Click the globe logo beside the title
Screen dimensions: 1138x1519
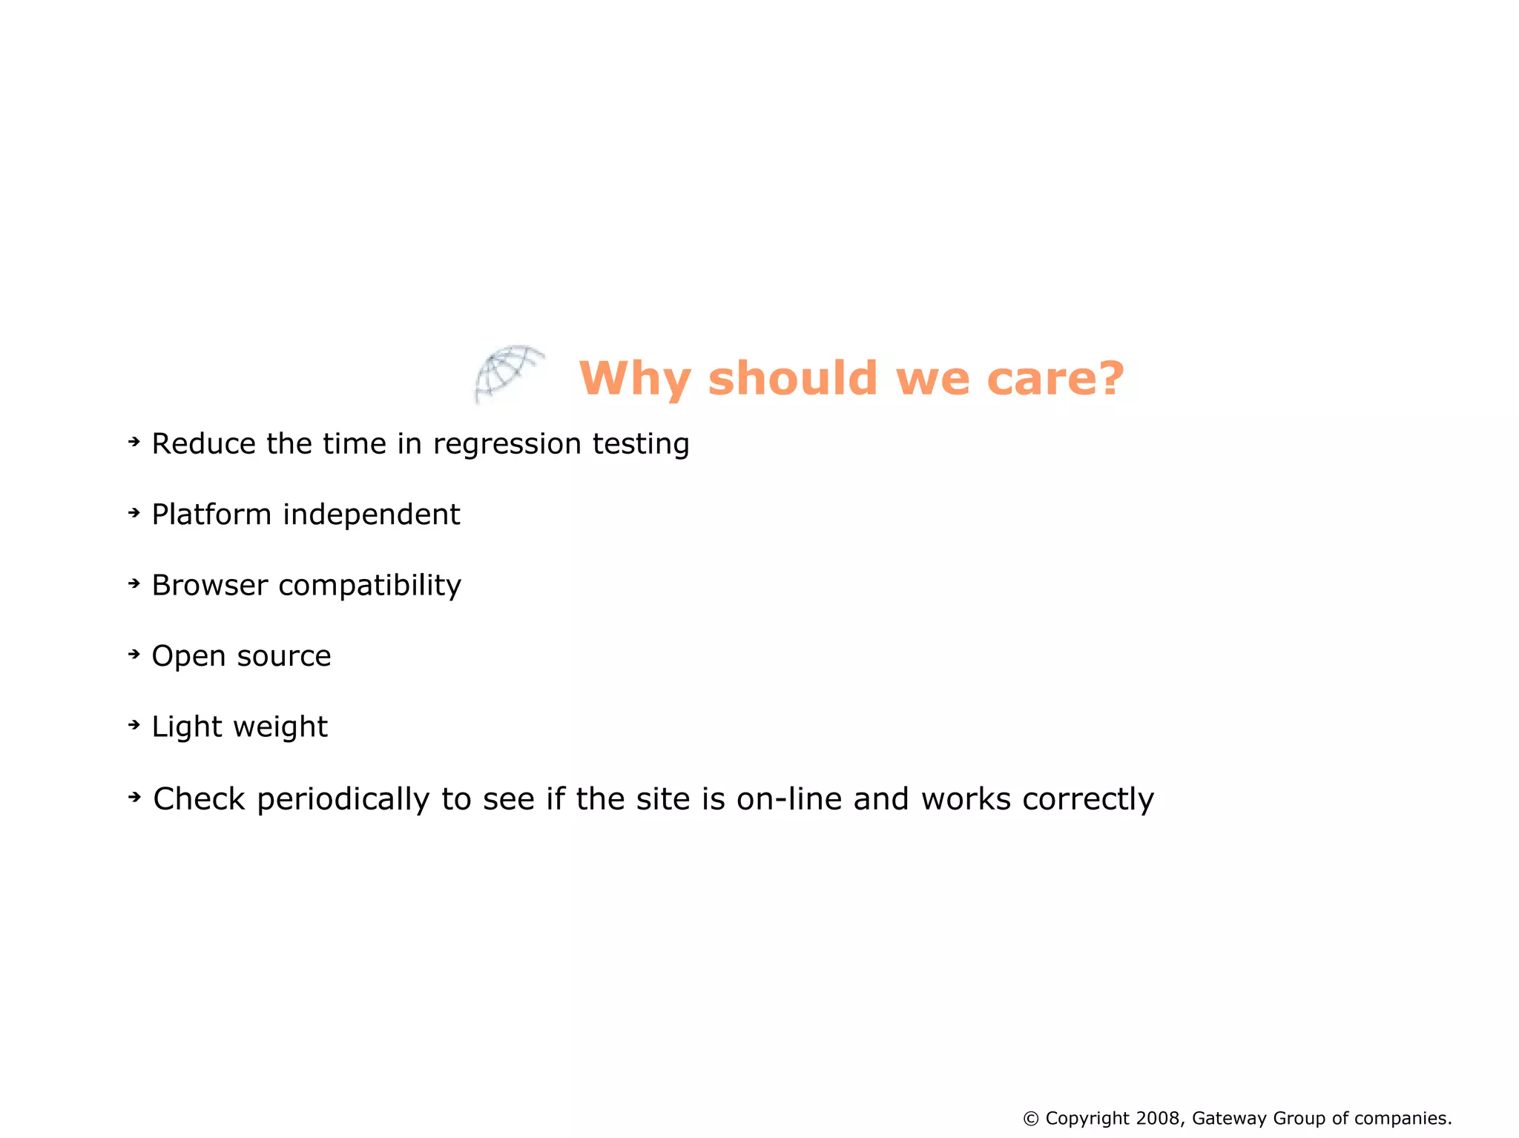(508, 373)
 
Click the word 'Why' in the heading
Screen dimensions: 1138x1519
(635, 379)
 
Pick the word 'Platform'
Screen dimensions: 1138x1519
(211, 515)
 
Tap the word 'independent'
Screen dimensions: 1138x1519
(372, 515)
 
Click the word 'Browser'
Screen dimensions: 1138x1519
(209, 586)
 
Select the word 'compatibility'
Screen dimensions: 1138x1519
(369, 586)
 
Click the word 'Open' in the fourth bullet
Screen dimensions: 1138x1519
(188, 657)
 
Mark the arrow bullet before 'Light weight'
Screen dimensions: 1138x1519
(134, 724)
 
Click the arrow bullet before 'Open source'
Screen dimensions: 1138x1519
(134, 654)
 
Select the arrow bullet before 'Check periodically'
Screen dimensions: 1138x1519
(134, 797)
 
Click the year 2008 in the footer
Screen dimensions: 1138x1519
(1158, 1118)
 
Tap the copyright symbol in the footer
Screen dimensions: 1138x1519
(1031, 1118)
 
